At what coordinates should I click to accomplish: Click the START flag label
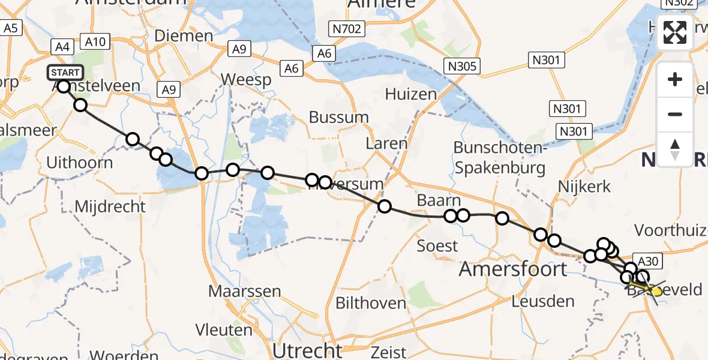tap(65, 73)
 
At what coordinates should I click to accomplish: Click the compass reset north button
tap(675, 148)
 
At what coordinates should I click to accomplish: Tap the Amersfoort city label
tap(512, 269)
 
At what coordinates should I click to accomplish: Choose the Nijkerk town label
tap(584, 187)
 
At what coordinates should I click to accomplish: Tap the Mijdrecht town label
tap(110, 207)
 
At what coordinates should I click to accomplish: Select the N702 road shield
tap(348, 28)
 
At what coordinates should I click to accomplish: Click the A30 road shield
tap(649, 260)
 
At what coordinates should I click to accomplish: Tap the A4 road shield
tap(62, 46)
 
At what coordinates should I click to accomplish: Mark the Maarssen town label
tap(244, 292)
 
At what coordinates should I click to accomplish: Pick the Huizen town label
tap(411, 94)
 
